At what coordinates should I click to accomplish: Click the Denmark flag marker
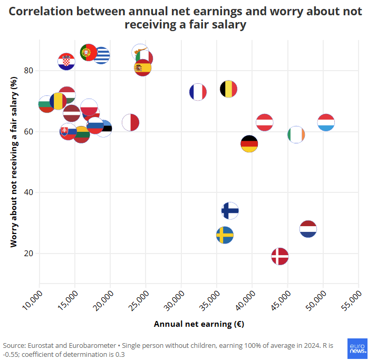coord(280,256)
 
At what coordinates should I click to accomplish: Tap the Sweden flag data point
coord(225,235)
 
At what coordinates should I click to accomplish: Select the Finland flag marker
coord(230,210)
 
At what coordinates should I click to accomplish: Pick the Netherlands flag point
coord(308,229)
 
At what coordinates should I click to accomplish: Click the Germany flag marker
coord(249,143)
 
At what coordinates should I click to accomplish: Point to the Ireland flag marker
coord(296,134)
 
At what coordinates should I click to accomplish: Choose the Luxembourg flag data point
coord(326,123)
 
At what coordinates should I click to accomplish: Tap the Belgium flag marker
coord(228,89)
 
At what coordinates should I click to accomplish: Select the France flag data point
coord(198,92)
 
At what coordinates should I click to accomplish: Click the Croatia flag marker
coord(66,62)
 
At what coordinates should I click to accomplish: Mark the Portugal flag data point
coord(88,53)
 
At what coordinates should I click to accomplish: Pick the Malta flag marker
coord(130,123)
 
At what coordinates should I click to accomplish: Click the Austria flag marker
coord(264,123)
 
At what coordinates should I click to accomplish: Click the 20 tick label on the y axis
coord(27,254)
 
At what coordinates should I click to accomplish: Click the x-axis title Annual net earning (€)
coord(199,324)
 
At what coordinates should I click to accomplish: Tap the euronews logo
coord(359,348)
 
